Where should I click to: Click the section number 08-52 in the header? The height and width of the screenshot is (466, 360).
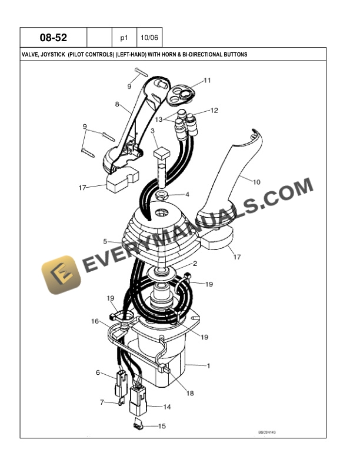point(54,38)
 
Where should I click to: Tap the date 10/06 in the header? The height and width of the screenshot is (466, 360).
point(149,38)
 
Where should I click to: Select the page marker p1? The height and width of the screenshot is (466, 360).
point(124,38)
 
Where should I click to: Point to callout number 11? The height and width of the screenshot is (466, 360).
point(207,80)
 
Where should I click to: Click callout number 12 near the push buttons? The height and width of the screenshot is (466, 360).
point(214,111)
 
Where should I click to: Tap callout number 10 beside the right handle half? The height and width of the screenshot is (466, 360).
point(256,182)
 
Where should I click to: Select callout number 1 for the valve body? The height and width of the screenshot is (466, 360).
point(208,365)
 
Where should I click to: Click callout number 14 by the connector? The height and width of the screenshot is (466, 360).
point(167,407)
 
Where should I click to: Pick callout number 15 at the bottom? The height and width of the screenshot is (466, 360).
point(162,426)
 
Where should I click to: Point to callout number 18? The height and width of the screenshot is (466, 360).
point(190,393)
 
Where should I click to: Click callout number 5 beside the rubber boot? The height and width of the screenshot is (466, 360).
point(105,241)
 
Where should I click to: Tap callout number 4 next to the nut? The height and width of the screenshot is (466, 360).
point(187,195)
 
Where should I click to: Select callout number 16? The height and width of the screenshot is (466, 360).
point(95,321)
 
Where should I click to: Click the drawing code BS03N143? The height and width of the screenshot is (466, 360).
point(266,432)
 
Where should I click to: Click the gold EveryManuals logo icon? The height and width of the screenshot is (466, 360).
point(61,275)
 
